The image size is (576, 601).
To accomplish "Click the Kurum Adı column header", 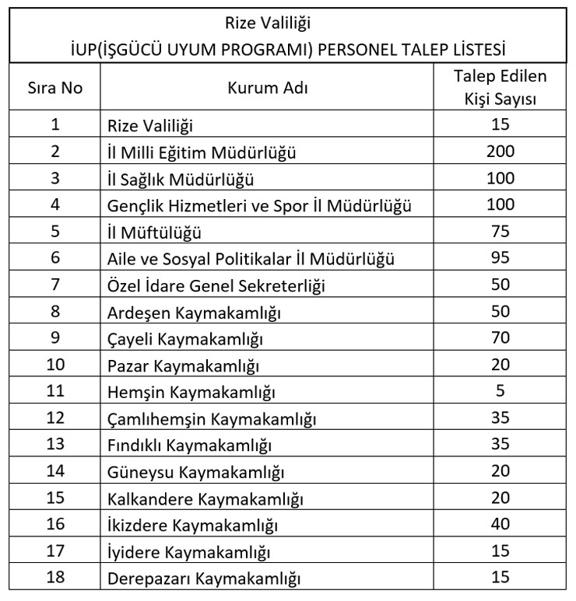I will pos(267,89).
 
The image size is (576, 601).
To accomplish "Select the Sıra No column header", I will pos(55,89).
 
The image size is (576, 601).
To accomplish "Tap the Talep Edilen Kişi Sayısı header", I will pos(500,88).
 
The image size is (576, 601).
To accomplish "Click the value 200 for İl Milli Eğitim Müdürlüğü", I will pos(500,152).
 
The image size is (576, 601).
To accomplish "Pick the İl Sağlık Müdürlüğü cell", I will pos(181,180).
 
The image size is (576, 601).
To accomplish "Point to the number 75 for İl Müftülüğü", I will pos(500,231).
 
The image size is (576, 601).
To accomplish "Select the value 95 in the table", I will pos(500,257).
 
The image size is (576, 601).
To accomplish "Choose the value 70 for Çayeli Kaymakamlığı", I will pos(500,338).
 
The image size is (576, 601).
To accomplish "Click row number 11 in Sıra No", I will pos(55,392).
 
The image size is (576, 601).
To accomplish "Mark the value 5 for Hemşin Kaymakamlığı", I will pos(500,391).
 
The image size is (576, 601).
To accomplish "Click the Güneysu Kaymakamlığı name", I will pos(195,473).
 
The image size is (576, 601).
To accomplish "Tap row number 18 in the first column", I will pos(55,578).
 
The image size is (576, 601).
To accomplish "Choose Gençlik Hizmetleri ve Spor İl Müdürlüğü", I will pos(258,206).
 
